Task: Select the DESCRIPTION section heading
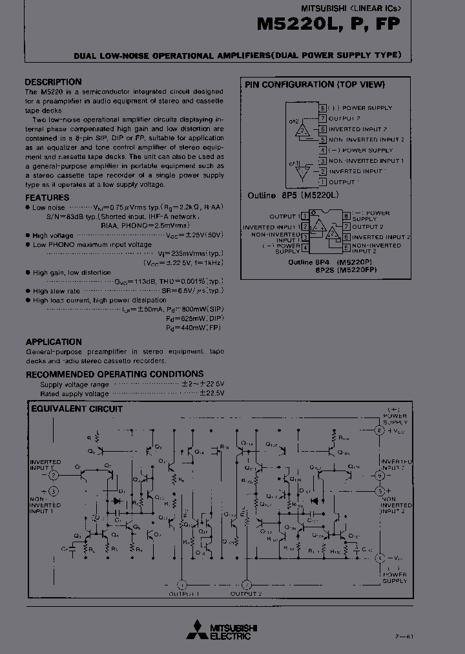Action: coord(53,82)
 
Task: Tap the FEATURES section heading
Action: coord(47,197)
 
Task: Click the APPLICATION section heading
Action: coord(54,342)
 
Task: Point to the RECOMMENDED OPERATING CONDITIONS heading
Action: coord(114,374)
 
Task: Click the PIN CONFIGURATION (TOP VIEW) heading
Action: coord(315,85)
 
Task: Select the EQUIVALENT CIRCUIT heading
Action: coord(77,408)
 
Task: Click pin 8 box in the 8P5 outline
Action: coord(322,108)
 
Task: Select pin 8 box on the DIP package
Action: coord(346,216)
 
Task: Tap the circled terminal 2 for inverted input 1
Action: coord(54,475)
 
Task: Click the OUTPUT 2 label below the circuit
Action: coord(245,593)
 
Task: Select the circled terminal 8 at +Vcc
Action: coord(380,430)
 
